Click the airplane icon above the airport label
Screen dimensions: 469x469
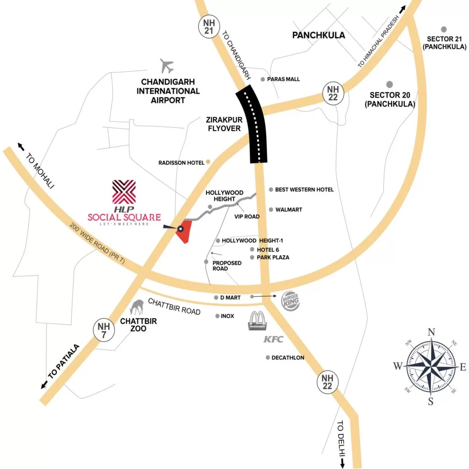(x=167, y=66)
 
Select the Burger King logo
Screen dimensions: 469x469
(x=291, y=301)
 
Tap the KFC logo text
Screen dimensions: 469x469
(x=273, y=339)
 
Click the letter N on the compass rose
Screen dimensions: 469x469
(x=431, y=333)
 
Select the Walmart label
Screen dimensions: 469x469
(x=289, y=210)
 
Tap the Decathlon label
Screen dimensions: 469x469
(x=288, y=358)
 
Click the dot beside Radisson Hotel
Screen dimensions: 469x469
(x=208, y=162)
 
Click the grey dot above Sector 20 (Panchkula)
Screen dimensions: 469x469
(x=390, y=84)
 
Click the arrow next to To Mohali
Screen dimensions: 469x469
(x=21, y=146)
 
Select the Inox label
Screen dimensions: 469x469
(x=227, y=316)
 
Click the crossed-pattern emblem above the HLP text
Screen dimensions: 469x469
(x=124, y=192)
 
